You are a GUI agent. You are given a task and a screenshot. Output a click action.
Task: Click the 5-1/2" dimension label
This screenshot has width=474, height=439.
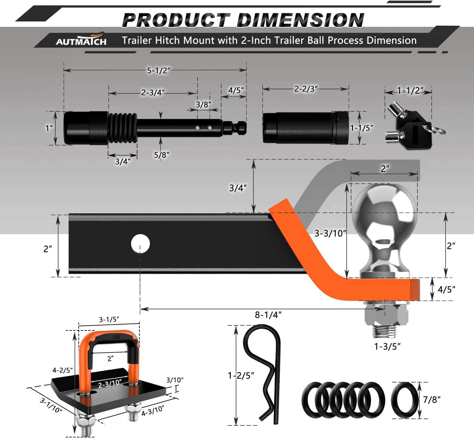coord(158,70)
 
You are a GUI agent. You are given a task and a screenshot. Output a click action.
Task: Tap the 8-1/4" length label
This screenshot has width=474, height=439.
coord(268,315)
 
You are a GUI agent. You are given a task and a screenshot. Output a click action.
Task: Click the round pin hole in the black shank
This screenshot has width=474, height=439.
coord(140,244)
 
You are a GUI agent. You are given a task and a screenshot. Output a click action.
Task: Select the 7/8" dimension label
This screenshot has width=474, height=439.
coord(432,400)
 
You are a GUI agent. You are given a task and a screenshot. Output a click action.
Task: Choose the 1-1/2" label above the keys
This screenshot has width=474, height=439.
coord(410,91)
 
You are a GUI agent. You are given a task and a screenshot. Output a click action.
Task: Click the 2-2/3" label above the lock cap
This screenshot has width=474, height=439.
coord(306,89)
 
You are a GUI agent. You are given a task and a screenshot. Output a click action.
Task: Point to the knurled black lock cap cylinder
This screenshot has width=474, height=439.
coord(305,128)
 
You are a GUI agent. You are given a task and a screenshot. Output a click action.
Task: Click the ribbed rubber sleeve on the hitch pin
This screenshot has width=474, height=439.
coord(123,128)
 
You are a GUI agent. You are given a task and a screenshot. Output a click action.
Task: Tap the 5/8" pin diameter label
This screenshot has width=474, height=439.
coord(161,155)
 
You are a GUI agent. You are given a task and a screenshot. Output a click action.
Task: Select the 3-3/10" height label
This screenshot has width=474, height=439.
coord(330,234)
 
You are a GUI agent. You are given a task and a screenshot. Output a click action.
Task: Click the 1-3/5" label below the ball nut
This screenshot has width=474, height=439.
coord(387,347)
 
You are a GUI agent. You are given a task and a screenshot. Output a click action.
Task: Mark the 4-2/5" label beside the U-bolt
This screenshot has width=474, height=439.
coord(62,370)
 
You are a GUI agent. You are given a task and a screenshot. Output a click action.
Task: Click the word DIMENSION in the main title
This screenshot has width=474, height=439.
coord(300,21)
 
